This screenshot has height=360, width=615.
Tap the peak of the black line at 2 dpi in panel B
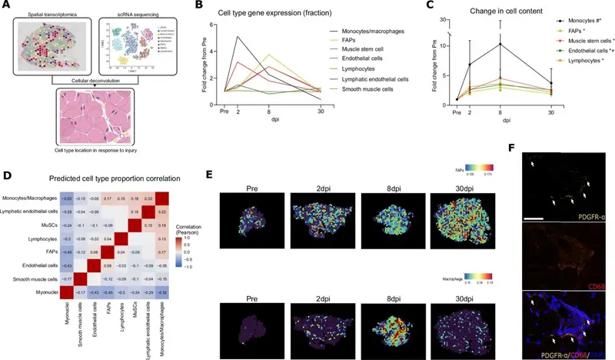click(x=237, y=37)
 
